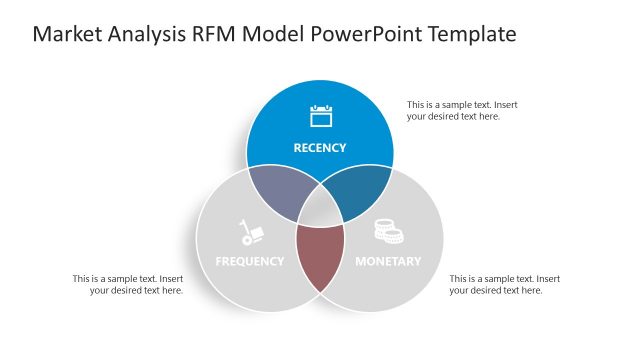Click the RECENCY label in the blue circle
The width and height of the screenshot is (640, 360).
pos(320,148)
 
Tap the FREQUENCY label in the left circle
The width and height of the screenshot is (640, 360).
pos(250,262)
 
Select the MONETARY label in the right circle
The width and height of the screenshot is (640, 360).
pos(388,262)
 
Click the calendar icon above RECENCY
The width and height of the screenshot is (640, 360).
pos(320,116)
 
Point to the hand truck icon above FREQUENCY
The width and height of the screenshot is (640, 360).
pos(250,232)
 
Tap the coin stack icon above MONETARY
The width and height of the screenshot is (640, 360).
pos(388,231)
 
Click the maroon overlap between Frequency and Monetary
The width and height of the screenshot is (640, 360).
pos(320,255)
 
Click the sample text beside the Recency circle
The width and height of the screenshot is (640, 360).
pos(461,110)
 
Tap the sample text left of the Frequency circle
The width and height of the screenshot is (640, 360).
pos(128,284)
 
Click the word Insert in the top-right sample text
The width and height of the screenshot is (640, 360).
pos(504,104)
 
